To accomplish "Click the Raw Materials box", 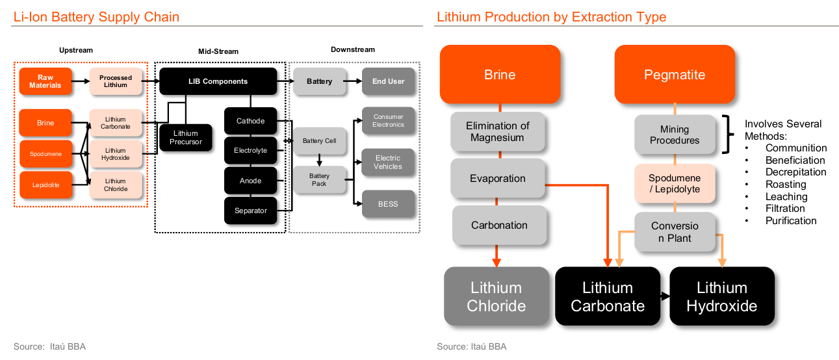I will click(45, 81).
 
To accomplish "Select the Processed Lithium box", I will click(115, 81).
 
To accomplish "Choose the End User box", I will click(388, 81).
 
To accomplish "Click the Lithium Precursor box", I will click(186, 138).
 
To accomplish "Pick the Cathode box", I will click(250, 121).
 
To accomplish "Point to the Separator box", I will click(250, 211).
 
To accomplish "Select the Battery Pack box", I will click(319, 180).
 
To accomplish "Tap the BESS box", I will click(388, 204).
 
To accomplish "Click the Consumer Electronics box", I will click(388, 121).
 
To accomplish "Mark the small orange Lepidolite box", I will click(45, 185).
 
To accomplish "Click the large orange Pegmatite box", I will click(674, 75).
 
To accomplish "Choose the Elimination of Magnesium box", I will click(498, 131).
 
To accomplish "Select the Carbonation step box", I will click(499, 225).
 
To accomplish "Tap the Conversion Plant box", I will click(675, 232).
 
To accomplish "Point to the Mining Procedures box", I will click(675, 135).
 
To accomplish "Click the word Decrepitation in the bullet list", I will click(795, 172).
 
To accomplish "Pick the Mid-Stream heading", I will click(218, 51).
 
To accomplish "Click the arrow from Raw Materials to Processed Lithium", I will click(80, 81).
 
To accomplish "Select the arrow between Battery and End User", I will click(354, 81).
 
